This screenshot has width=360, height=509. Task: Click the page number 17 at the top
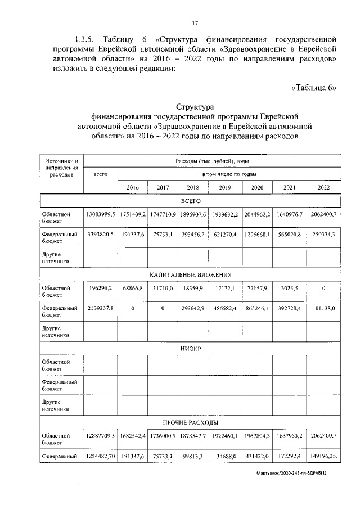point(195,23)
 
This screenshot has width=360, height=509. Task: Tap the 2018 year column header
point(193,187)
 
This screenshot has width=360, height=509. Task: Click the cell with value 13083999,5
point(100,214)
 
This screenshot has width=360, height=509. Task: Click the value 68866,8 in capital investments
point(133,288)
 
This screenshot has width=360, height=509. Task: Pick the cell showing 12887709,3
point(100,436)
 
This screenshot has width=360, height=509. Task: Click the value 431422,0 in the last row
point(257,457)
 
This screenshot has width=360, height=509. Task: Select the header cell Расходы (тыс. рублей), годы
point(211,161)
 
